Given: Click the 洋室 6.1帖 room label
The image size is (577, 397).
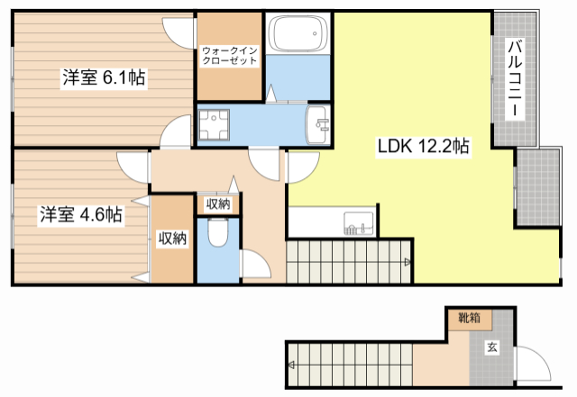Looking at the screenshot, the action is (104, 77).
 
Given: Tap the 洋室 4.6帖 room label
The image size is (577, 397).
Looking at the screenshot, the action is (81, 214).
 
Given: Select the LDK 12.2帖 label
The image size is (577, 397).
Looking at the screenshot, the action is (423, 147).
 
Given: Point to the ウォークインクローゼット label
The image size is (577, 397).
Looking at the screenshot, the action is (230, 56).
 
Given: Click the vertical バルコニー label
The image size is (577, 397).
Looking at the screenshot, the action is (515, 78).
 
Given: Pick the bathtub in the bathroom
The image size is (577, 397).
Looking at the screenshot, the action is (298, 33).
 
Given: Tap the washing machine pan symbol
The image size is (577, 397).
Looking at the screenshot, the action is (214, 124).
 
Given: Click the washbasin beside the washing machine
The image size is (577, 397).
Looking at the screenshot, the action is (318, 124).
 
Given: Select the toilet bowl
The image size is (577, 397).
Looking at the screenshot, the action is (218, 232).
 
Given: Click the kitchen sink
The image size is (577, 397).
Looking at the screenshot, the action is (359, 223).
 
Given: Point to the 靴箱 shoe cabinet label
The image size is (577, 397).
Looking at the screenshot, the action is (469, 317).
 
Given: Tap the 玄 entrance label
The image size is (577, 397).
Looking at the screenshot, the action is (492, 347).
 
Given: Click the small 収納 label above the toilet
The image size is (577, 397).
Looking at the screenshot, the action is (218, 203).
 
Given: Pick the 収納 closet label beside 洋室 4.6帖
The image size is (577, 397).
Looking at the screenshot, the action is (172, 239).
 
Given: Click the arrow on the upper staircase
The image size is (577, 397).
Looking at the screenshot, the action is (408, 262).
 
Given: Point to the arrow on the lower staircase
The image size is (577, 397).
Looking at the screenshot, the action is (291, 365).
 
